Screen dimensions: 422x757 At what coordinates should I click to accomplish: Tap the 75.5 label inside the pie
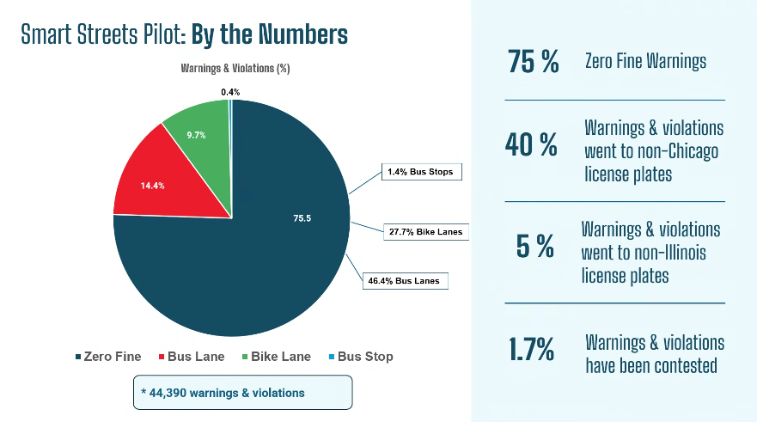coord(301,218)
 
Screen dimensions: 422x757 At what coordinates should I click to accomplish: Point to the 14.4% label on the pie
coord(153,185)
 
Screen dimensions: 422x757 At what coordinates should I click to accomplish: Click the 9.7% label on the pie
coord(195,135)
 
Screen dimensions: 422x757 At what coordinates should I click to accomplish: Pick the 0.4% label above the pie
coord(230,92)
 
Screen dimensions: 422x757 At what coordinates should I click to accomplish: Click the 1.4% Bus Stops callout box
coord(420,173)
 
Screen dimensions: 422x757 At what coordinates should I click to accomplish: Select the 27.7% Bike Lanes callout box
coord(424,231)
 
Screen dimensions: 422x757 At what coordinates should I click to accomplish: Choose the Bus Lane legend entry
coord(191,357)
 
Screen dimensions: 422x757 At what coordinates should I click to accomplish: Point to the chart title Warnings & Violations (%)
coord(235,68)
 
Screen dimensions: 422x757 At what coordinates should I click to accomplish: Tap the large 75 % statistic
coord(534,62)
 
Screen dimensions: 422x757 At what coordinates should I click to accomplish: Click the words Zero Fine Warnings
coord(645,61)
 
